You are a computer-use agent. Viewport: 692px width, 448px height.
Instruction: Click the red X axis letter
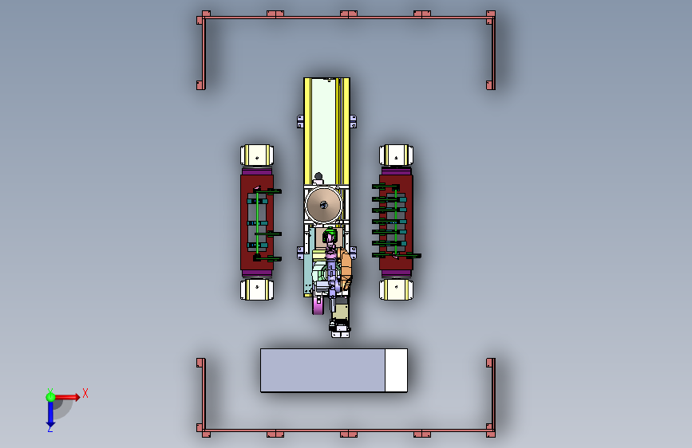tap(85, 393)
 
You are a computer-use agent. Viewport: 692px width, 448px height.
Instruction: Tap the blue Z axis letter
tap(50, 428)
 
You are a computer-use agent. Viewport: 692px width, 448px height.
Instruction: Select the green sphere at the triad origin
tap(50, 397)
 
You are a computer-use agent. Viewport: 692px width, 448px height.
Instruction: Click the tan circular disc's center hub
tap(323, 205)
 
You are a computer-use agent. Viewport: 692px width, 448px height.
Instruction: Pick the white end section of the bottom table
tap(396, 371)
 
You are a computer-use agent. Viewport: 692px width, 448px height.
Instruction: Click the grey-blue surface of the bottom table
tap(322, 371)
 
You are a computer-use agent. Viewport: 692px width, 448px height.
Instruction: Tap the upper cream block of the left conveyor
tap(257, 155)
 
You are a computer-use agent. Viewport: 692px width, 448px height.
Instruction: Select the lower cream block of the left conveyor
tap(257, 289)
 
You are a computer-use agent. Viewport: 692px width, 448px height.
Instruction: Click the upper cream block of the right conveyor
tap(396, 155)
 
